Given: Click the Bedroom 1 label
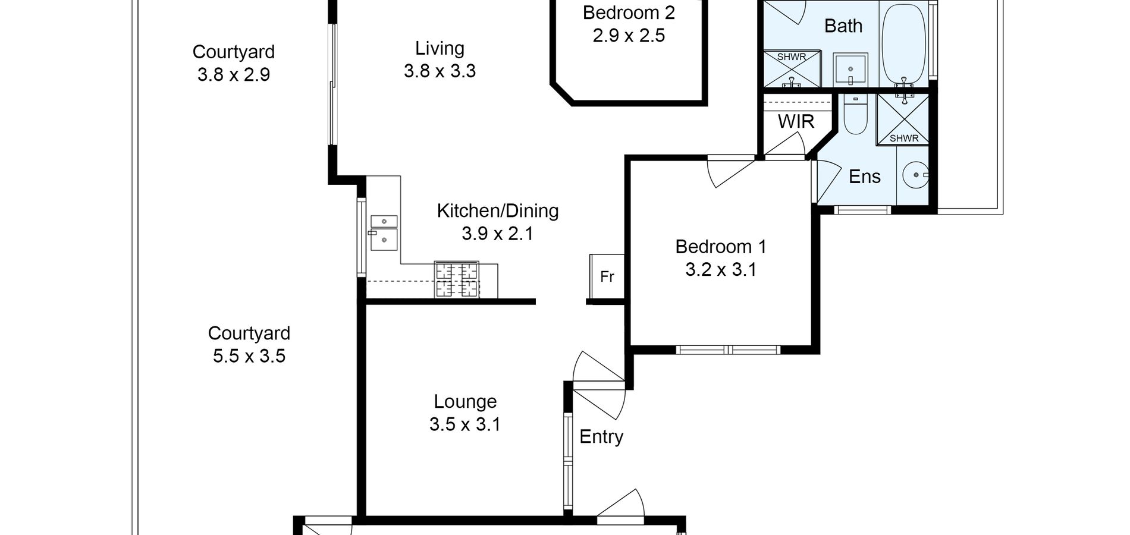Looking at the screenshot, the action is pyautogui.click(x=721, y=247).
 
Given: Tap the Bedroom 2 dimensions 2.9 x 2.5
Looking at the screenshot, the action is pyautogui.click(x=629, y=36).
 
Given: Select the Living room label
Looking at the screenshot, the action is pyautogui.click(x=440, y=48).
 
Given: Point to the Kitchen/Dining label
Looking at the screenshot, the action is pyautogui.click(x=498, y=211).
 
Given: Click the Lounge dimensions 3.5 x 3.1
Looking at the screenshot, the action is pyautogui.click(x=465, y=424).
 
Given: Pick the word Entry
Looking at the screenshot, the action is pyautogui.click(x=601, y=437).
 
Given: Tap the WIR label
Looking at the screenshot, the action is pyautogui.click(x=796, y=121).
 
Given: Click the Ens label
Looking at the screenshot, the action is pyautogui.click(x=865, y=177).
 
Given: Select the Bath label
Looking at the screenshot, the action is pyautogui.click(x=843, y=26).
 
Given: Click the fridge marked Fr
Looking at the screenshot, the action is pyautogui.click(x=607, y=276).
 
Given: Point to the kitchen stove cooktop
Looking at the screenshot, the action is pyautogui.click(x=457, y=280).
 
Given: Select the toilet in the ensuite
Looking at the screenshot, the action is pyautogui.click(x=856, y=116).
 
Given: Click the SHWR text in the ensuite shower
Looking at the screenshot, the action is pyautogui.click(x=904, y=139).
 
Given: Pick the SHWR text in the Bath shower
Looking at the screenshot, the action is pyautogui.click(x=792, y=57).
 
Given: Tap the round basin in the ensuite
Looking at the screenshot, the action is pyautogui.click(x=916, y=175).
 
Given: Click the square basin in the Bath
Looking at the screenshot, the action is pyautogui.click(x=850, y=70).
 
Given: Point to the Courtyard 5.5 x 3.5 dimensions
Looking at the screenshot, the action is pyautogui.click(x=249, y=356).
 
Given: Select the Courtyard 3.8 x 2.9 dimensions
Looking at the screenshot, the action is pyautogui.click(x=234, y=75).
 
